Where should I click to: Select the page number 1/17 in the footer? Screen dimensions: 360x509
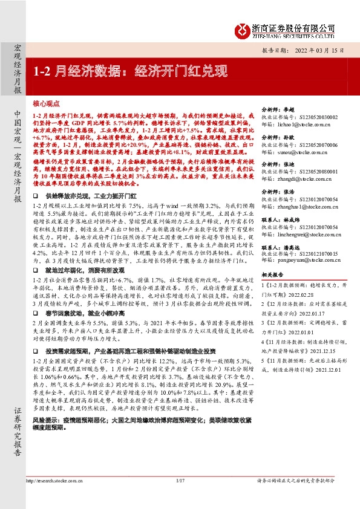point(180,498)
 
